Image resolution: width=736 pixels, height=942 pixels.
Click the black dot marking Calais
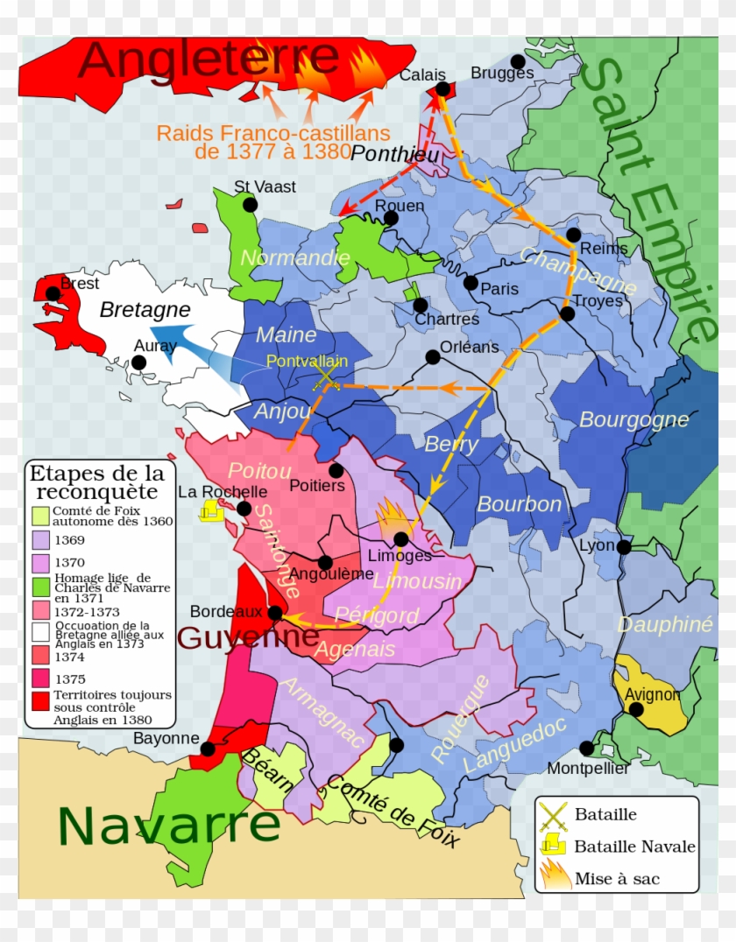442,88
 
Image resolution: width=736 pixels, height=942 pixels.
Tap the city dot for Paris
471,283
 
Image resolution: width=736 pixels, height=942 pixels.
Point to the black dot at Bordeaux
275,613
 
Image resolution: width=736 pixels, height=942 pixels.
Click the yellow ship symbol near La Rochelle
210,510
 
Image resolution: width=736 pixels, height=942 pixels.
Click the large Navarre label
169,825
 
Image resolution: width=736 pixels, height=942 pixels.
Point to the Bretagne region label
145,310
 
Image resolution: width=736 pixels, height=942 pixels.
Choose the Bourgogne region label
633,419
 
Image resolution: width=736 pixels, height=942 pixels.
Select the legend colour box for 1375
40,678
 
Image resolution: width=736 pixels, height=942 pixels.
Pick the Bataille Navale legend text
634,847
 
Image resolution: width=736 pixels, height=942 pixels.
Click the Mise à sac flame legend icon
554,875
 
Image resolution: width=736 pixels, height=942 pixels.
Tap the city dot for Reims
573,235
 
